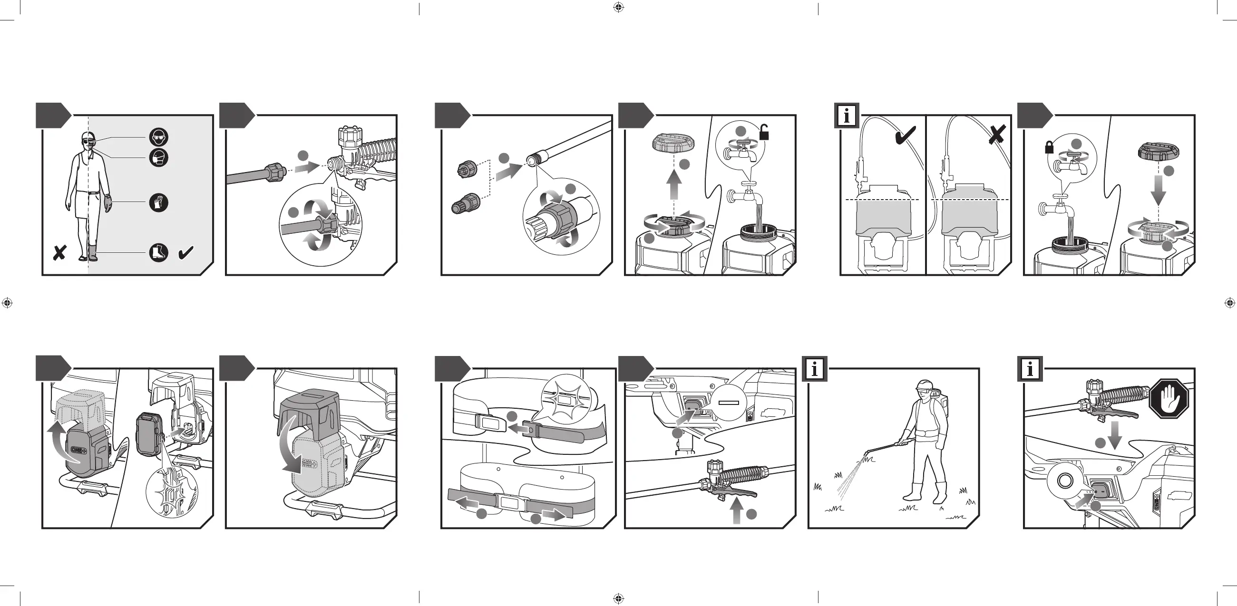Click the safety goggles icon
[x=158, y=138]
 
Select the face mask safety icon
[x=158, y=157]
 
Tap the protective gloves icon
[x=158, y=202]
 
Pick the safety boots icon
[x=158, y=252]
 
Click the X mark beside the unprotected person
[x=59, y=252]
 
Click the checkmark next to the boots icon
[x=186, y=252]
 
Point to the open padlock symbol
[x=764, y=132]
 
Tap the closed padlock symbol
[x=1049, y=147]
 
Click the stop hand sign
[x=1169, y=399]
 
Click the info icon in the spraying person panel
[x=814, y=369]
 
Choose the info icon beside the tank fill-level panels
[x=847, y=115]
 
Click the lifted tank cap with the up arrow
[x=674, y=143]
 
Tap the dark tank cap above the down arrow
[x=1159, y=152]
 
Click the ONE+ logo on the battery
[x=78, y=450]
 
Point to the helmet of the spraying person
[x=924, y=385]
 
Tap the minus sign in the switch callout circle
[x=729, y=403]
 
